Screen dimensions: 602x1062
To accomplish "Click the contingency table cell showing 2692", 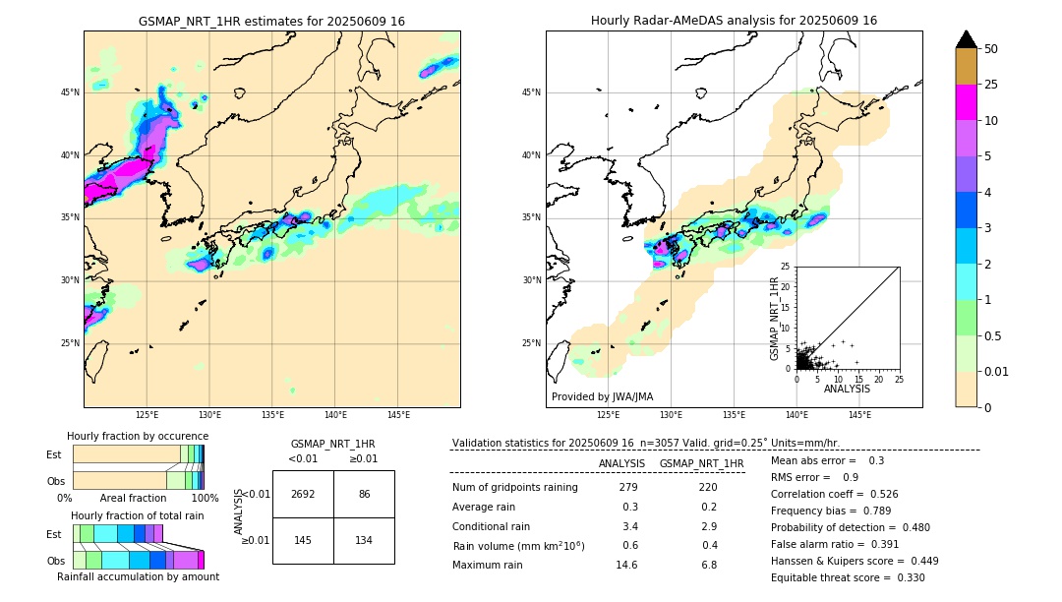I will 303,494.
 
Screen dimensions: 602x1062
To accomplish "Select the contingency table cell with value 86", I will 364,494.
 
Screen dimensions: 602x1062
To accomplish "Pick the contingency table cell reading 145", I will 303,541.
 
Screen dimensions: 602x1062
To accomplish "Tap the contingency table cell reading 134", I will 364,541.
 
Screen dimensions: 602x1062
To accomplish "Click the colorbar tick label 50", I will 991,49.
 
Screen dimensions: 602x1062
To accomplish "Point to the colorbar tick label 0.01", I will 997,371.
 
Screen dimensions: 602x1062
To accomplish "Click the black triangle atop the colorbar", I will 967,39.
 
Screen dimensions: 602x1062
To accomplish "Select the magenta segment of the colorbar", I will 967,103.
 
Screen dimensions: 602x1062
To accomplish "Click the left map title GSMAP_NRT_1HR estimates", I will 271,21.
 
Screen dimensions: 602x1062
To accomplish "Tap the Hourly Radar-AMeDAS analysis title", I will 734,21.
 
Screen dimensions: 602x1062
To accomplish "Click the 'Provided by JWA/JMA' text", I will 602,397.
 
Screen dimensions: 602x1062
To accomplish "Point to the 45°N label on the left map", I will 70,92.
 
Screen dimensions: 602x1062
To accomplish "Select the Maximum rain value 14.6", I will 626,565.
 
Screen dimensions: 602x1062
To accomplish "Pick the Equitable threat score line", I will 848,577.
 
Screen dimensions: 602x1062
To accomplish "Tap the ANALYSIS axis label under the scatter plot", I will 847,389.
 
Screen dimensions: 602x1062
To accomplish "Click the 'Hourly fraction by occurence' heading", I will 138,436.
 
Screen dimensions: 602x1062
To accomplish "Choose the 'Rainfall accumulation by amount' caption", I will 138,576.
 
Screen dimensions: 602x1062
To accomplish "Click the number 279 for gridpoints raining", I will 628,487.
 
